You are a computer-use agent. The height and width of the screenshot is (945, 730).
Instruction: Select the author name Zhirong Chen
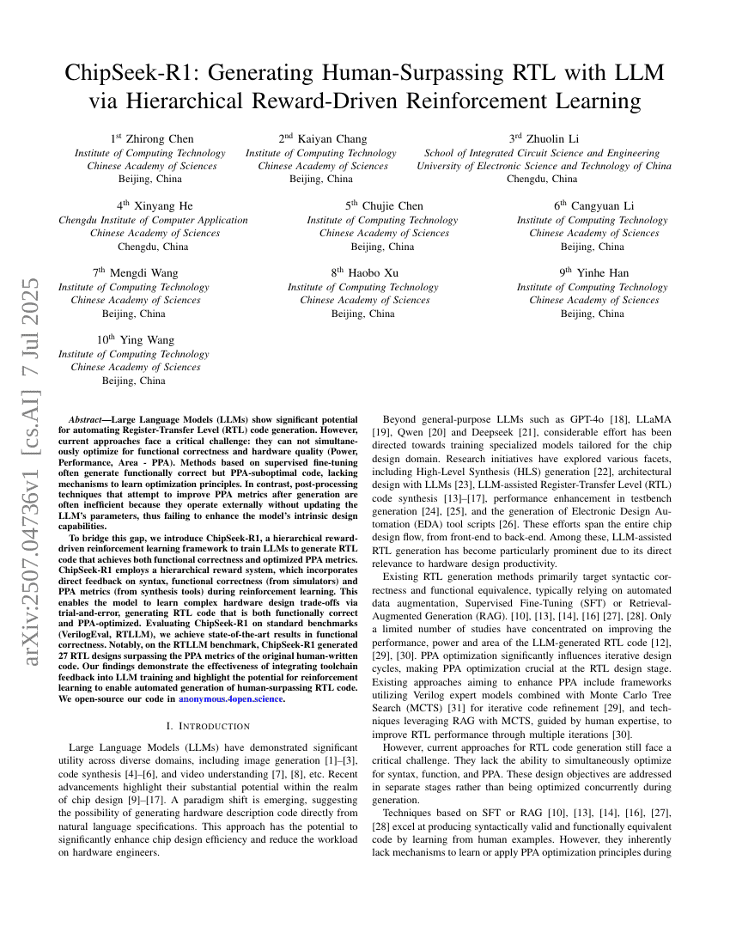(x=156, y=138)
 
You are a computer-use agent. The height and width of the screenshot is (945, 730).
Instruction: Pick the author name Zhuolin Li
(x=551, y=138)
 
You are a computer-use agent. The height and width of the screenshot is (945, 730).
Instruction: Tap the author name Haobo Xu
(x=370, y=272)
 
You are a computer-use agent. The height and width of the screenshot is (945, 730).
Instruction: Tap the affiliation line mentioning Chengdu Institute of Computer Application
(x=153, y=220)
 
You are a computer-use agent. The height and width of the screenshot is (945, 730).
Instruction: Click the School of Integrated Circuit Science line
(x=544, y=153)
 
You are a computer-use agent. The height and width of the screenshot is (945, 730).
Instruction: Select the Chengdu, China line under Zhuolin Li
(x=542, y=179)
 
